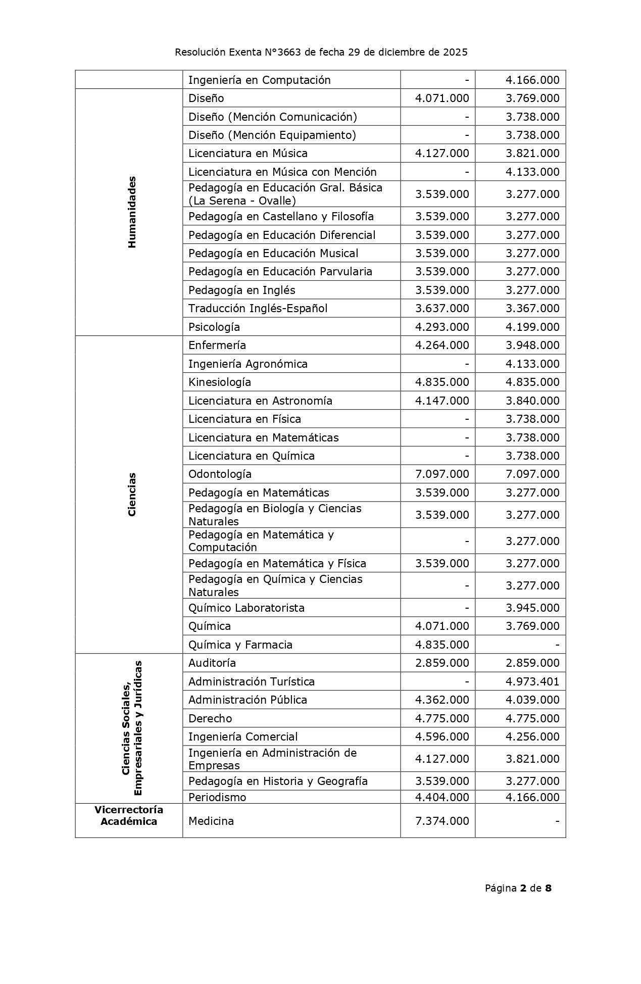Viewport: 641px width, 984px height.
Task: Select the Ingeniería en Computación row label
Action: [x=259, y=80]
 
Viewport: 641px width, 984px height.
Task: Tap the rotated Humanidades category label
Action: [x=132, y=212]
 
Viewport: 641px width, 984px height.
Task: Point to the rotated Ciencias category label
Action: [x=132, y=494]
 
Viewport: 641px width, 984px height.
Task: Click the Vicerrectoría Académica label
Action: [x=129, y=816]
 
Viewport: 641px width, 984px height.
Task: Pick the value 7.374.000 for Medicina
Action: [x=442, y=821]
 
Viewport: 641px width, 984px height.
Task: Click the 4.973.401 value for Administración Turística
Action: [x=532, y=681]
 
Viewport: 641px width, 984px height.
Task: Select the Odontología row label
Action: [x=220, y=474]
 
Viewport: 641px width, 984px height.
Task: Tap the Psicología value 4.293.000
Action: [x=442, y=327]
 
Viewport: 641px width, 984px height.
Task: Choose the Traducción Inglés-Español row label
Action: [x=258, y=308]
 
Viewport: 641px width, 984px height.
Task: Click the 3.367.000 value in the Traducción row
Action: [x=532, y=308]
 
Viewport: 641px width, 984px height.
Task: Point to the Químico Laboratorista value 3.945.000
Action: [x=532, y=608]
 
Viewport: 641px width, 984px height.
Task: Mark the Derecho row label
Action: [x=210, y=718]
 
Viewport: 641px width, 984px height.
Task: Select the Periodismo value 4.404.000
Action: [x=442, y=797]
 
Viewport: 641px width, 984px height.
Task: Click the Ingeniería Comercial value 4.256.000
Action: [x=532, y=736]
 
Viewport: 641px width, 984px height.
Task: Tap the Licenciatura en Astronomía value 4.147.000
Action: [x=442, y=401]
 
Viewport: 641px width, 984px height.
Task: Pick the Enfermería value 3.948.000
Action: [x=532, y=345]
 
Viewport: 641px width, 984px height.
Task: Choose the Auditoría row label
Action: [x=212, y=663]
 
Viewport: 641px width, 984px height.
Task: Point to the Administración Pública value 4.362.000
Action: [x=442, y=700]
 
